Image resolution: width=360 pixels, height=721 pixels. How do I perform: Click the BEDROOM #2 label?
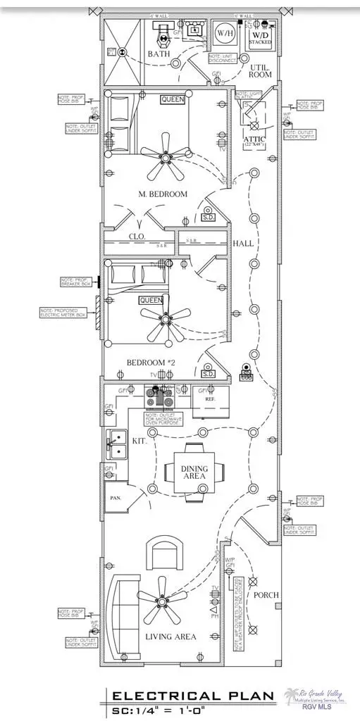tap(151, 363)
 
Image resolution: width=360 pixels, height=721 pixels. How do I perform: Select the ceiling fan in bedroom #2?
tap(166, 319)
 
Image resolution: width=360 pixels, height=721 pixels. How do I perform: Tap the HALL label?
tap(243, 244)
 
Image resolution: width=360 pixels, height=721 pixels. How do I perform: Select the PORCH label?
tap(266, 595)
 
